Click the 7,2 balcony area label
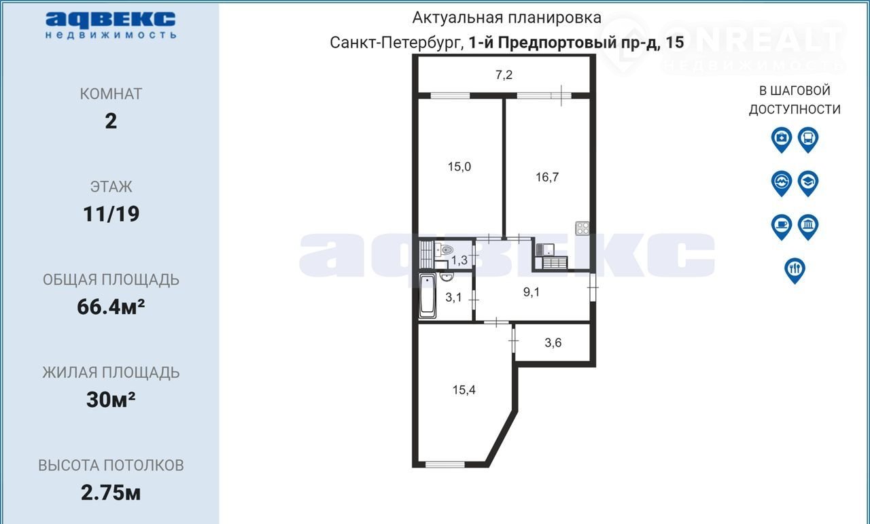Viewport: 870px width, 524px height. click(504, 75)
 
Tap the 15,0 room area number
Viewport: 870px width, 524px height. click(459, 167)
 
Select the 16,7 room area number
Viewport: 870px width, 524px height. click(547, 177)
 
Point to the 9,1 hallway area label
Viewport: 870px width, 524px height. click(532, 292)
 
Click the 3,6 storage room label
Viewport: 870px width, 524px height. click(553, 343)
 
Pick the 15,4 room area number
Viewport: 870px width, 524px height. click(464, 389)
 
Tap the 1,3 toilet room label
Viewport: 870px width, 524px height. click(459, 260)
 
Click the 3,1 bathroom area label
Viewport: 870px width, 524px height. click(453, 298)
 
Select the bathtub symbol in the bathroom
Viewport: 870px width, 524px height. click(428, 296)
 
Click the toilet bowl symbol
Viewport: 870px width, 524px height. click(445, 249)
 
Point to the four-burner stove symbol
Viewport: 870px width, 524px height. click(582, 228)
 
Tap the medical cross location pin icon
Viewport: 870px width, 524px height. click(782, 140)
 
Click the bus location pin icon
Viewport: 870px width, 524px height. click(808, 140)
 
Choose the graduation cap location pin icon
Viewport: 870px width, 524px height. click(808, 184)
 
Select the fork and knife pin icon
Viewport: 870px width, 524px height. click(795, 270)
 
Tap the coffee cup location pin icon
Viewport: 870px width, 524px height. click(782, 227)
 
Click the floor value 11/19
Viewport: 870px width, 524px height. click(111, 214)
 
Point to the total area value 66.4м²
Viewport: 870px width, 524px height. click(111, 307)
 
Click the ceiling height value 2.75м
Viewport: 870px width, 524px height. click(111, 493)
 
